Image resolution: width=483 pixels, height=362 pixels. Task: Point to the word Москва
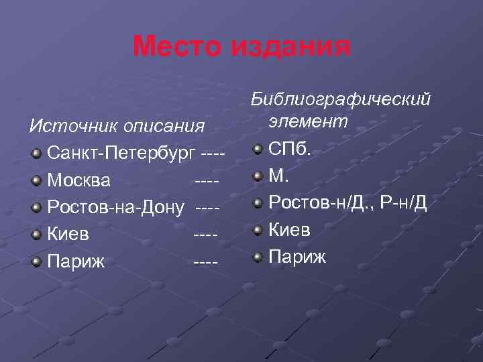pos(80,180)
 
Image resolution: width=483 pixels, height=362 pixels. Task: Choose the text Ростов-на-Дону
pos(115,207)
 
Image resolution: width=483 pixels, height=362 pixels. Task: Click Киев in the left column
pos(68,235)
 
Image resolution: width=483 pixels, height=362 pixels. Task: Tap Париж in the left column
pos(76,261)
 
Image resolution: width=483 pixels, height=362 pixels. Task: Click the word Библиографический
pos(339,99)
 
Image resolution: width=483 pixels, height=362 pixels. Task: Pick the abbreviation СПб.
pos(290,148)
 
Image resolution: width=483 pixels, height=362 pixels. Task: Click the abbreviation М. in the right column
pos(278,176)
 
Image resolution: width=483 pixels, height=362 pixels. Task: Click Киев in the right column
pos(289,230)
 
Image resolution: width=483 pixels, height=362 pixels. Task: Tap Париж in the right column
pos(297,257)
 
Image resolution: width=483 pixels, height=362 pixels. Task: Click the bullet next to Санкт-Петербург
pos(37,154)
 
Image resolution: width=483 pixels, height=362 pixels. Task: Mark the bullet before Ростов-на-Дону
pos(37,208)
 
